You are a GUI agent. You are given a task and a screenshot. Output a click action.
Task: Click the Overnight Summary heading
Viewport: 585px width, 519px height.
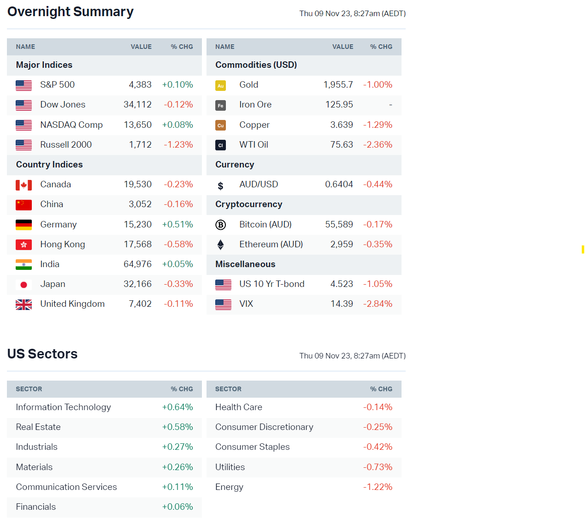click(x=71, y=12)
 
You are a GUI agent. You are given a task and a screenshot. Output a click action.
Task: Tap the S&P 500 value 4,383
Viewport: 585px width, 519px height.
click(x=140, y=85)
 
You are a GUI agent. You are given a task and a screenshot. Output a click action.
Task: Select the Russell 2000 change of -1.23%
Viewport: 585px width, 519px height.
click(x=178, y=145)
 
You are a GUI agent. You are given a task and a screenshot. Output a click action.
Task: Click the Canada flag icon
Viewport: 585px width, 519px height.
click(x=24, y=185)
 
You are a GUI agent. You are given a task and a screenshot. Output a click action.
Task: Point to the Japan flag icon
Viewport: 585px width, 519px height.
click(x=24, y=285)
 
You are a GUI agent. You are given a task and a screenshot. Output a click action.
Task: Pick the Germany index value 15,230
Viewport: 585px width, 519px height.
click(x=137, y=225)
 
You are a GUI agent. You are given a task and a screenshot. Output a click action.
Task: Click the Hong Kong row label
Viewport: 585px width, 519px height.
click(x=62, y=245)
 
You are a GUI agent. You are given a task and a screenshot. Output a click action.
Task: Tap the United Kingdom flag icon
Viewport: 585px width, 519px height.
click(x=24, y=304)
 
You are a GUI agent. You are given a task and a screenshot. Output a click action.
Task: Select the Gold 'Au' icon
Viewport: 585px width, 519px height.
click(x=220, y=85)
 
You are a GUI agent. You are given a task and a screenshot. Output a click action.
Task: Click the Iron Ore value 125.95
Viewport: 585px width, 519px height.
click(x=339, y=105)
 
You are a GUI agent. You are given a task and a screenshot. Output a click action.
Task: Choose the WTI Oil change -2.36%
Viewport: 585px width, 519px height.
click(x=378, y=145)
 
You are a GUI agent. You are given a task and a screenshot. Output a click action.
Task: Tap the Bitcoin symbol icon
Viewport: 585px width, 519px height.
click(x=220, y=225)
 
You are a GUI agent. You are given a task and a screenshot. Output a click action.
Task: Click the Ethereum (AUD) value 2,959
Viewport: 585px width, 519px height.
click(x=342, y=245)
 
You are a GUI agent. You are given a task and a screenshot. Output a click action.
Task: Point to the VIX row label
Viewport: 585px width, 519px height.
click(x=246, y=304)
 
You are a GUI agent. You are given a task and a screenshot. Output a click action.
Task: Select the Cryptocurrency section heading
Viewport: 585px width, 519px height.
click(x=248, y=204)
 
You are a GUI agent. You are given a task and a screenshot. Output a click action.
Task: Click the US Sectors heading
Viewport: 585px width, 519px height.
click(x=42, y=354)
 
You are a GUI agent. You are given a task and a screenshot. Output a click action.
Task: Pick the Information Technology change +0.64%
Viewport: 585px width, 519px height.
click(x=177, y=407)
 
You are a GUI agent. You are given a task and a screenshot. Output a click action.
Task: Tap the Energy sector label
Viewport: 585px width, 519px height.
click(x=229, y=487)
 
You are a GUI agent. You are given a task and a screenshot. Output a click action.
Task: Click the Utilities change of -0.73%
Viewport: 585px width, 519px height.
click(x=378, y=467)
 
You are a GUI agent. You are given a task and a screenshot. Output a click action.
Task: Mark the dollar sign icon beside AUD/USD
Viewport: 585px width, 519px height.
click(x=220, y=185)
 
